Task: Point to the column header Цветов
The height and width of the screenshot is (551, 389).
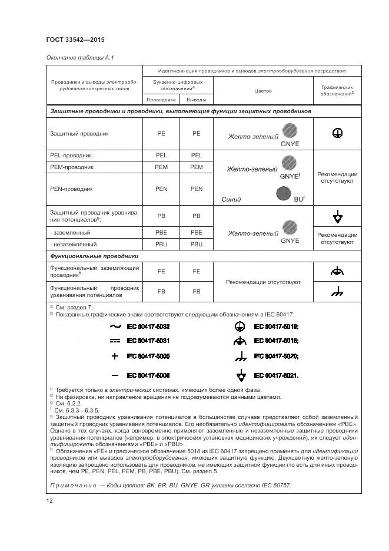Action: coord(262,91)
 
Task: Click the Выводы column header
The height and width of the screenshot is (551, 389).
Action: coord(197,100)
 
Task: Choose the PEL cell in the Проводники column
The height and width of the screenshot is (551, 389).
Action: coord(161,156)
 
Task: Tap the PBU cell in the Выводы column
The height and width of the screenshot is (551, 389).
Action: coord(197,244)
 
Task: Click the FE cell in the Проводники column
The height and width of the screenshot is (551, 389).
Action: coord(161,272)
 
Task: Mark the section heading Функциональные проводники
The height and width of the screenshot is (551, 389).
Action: coord(94,257)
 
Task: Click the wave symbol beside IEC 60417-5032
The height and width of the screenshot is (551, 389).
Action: coord(115,326)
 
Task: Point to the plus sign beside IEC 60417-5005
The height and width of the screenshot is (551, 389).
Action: coord(115,356)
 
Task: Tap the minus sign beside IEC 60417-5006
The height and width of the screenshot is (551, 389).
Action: coord(115,375)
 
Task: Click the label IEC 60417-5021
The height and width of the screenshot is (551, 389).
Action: coord(276,375)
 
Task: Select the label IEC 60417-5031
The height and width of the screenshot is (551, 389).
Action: coord(148,341)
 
